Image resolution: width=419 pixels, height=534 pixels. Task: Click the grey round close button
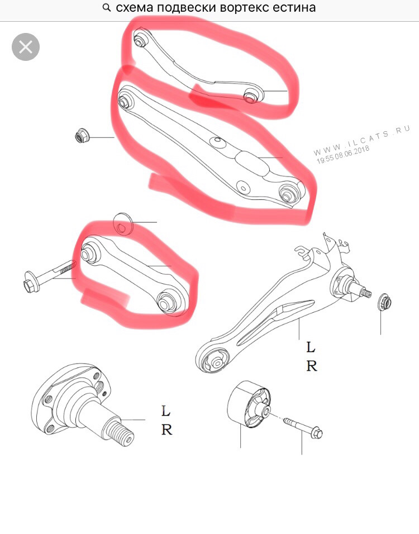click(26, 47)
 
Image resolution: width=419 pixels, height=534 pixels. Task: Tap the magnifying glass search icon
click(107, 8)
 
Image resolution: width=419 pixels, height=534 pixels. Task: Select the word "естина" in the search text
click(295, 7)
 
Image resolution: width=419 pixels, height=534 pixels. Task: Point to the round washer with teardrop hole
click(123, 224)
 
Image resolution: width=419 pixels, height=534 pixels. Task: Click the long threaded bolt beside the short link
click(50, 274)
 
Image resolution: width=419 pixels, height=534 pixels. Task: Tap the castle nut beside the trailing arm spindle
click(384, 302)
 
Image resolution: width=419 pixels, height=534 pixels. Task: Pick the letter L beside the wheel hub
click(165, 411)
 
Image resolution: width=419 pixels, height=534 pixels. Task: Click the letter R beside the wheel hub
click(166, 430)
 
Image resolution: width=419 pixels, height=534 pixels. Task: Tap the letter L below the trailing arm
click(311, 347)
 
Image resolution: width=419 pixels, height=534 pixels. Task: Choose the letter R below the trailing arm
click(312, 366)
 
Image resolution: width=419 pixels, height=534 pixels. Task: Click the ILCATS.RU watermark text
click(362, 140)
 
